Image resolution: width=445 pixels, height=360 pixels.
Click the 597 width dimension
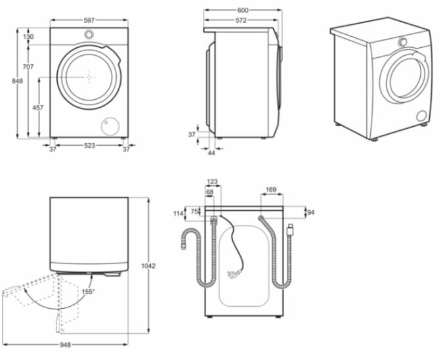pyautogui.click(x=89, y=20)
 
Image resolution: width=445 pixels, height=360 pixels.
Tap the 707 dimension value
pyautogui.click(x=28, y=68)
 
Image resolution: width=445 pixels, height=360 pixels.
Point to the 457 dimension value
pyautogui.click(x=39, y=106)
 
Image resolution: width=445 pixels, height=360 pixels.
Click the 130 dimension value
pyautogui.click(x=28, y=37)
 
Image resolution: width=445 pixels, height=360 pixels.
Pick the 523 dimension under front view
pyautogui.click(x=89, y=146)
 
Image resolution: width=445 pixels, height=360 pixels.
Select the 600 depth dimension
pyautogui.click(x=243, y=11)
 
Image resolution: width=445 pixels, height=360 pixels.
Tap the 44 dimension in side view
pyautogui.click(x=211, y=153)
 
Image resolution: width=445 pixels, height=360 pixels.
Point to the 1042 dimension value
pyautogui.click(x=148, y=265)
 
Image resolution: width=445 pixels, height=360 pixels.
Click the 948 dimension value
pyautogui.click(x=64, y=344)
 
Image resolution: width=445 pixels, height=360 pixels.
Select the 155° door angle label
pyautogui.click(x=87, y=291)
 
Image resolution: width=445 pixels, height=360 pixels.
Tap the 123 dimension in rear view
pyautogui.click(x=212, y=182)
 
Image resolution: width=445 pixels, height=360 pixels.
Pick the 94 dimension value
pyautogui.click(x=311, y=212)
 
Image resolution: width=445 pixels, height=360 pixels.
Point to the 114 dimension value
pyautogui.click(x=178, y=214)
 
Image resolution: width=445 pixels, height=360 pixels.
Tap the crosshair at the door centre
pyautogui.click(x=89, y=77)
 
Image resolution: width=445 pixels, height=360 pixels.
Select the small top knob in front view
pyautogui.click(x=89, y=35)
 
